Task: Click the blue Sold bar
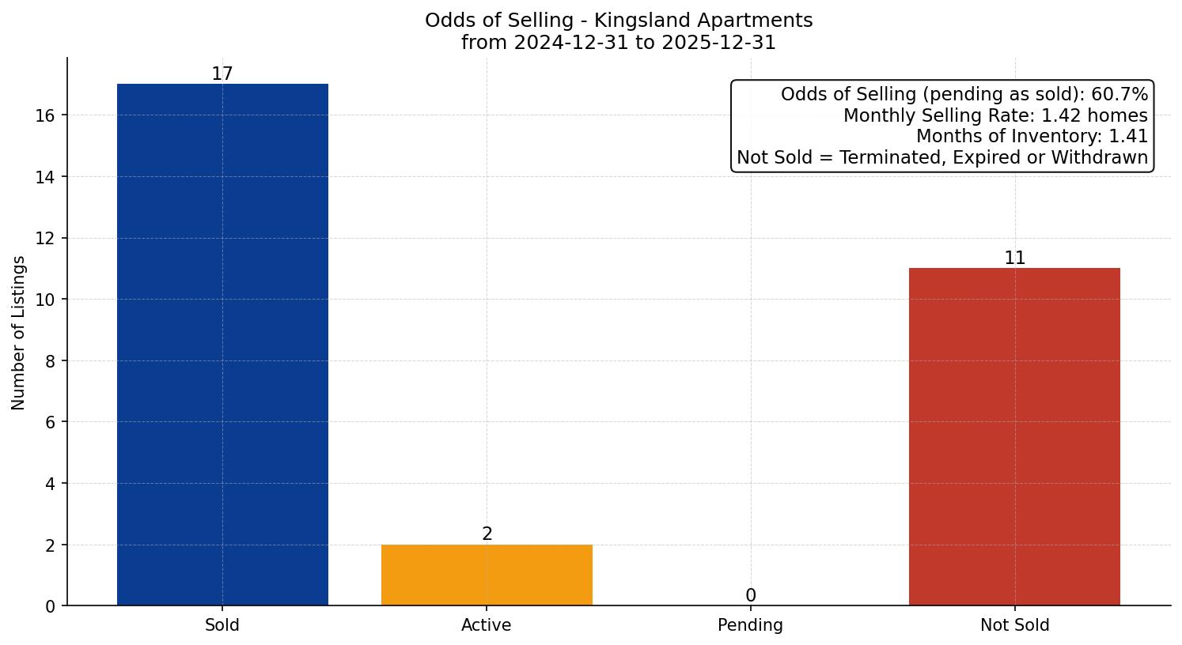click(222, 345)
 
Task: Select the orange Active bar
click(487, 575)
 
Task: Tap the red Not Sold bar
click(1014, 436)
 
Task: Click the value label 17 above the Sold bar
click(222, 74)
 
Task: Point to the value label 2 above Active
click(487, 534)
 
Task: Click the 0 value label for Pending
click(750, 596)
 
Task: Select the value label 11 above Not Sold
click(1014, 258)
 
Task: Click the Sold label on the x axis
click(222, 625)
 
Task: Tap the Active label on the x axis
click(487, 625)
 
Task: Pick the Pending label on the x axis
click(750, 625)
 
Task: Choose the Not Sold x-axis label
click(1014, 625)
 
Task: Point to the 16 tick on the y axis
click(45, 115)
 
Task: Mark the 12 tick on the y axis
click(45, 239)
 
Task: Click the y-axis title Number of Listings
click(18, 333)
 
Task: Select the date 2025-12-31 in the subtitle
click(719, 43)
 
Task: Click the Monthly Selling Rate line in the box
click(994, 115)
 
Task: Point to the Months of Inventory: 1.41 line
click(1031, 137)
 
